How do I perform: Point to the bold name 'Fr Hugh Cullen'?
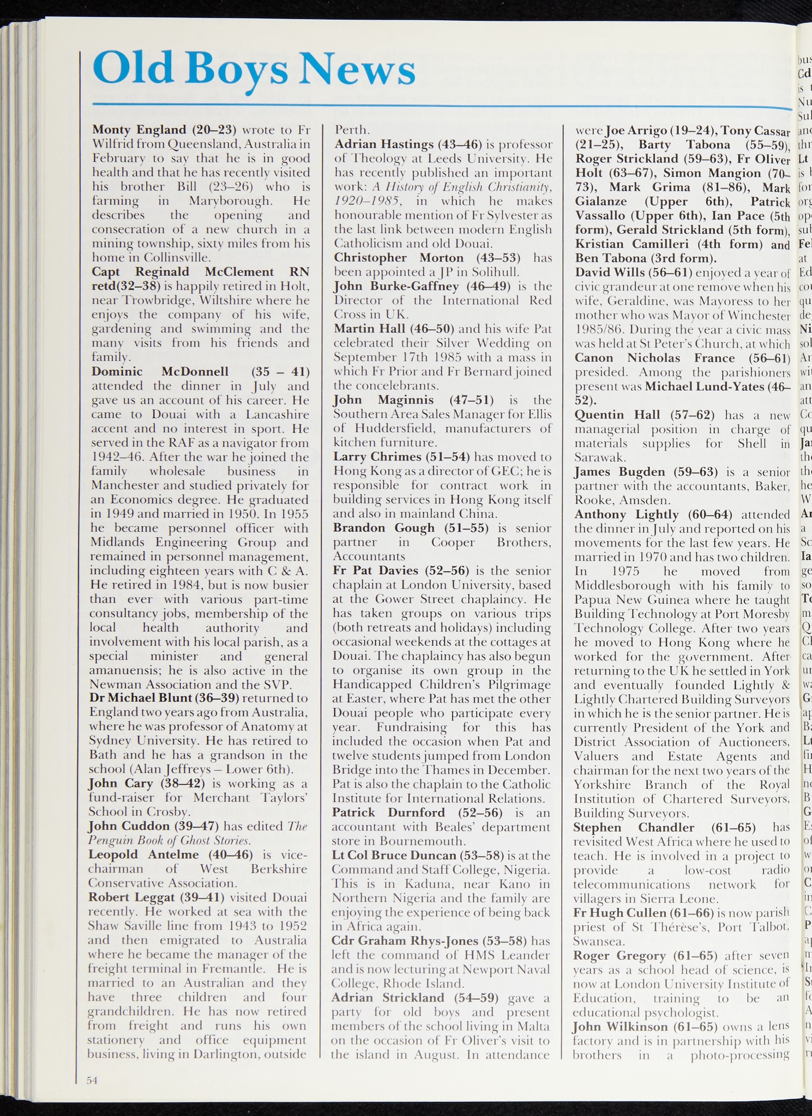coord(619,913)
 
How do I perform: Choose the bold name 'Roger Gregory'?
coord(619,955)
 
